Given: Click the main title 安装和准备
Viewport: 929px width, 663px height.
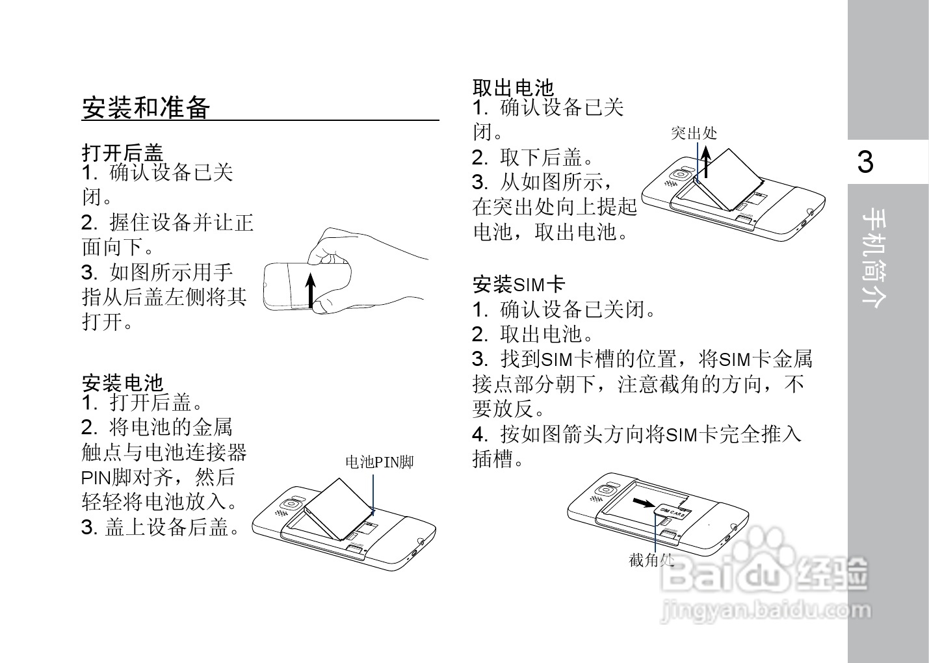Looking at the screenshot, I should (x=146, y=108).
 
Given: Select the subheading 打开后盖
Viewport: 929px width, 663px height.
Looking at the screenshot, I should (x=122, y=153).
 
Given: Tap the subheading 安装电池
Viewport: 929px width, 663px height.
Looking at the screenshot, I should (x=122, y=382).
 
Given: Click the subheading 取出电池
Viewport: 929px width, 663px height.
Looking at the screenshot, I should (x=513, y=87).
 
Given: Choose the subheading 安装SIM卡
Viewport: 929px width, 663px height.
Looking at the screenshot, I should (x=519, y=284).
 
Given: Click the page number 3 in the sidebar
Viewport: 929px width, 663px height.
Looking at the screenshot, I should (x=865, y=162).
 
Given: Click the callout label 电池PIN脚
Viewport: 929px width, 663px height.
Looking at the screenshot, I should (x=379, y=462).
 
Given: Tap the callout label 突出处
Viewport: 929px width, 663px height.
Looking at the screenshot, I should (x=694, y=133).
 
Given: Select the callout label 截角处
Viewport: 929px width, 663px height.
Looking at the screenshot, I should (x=651, y=560).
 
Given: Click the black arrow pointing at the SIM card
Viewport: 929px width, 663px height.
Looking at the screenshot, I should (x=644, y=502).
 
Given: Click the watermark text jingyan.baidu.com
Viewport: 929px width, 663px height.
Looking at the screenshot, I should (x=765, y=610).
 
